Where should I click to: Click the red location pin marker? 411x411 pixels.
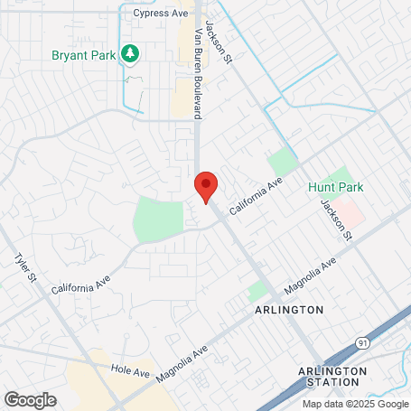(x=207, y=185)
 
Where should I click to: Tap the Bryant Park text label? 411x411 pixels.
(x=82, y=54)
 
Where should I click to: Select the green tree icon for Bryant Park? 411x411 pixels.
(x=130, y=54)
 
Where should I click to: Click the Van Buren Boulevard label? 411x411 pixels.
(x=198, y=72)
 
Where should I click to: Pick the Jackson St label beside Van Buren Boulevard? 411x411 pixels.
(x=219, y=41)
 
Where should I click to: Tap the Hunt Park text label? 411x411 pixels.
(x=335, y=187)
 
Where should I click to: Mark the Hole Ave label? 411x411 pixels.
(x=129, y=371)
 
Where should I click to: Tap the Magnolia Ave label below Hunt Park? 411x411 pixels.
(x=309, y=276)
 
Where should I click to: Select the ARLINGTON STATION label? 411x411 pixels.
(x=332, y=377)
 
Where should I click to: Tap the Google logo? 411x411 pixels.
(x=30, y=398)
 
